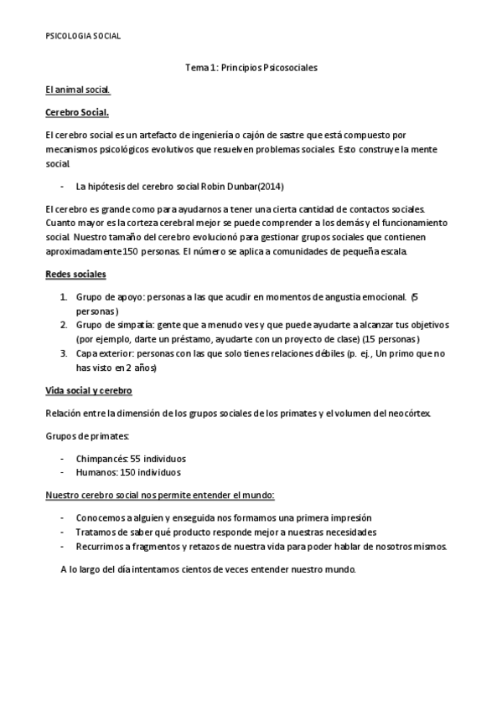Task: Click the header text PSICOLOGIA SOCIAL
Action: tap(82, 36)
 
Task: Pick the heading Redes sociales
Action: tap(75, 274)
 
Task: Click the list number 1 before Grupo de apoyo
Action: tap(64, 296)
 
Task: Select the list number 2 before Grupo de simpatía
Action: tap(64, 324)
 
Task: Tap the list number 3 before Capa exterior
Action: tap(64, 352)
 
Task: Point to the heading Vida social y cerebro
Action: tap(88, 391)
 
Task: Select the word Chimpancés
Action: tap(101, 459)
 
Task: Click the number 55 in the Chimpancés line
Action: tap(136, 459)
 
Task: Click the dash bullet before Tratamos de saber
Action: tap(63, 532)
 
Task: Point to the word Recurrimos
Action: tap(101, 546)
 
